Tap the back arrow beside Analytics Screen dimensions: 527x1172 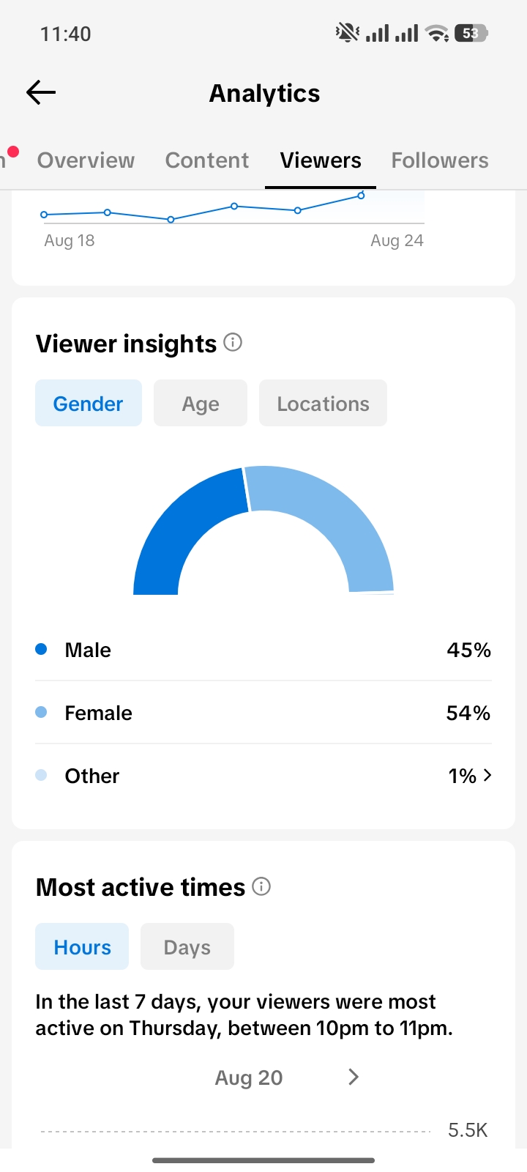click(41, 92)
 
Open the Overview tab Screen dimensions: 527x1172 click(86, 160)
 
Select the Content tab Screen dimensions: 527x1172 click(207, 160)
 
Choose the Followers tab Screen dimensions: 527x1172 click(440, 160)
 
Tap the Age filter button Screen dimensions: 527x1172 click(201, 404)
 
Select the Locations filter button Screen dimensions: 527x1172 click(323, 404)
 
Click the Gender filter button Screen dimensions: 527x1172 click(89, 404)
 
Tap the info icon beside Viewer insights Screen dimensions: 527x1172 click(233, 343)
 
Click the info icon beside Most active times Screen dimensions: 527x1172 click(261, 886)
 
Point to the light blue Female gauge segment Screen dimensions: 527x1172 click(340, 513)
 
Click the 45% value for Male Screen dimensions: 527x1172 click(468, 650)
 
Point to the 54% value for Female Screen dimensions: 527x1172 click(468, 713)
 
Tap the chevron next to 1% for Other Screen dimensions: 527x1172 click(487, 775)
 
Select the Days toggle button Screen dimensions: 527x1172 click(187, 946)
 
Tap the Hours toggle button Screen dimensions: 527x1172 click(82, 946)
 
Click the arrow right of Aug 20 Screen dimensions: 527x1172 click(354, 1077)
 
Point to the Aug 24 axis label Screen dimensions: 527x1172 click(397, 240)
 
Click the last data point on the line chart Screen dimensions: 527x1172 click(361, 195)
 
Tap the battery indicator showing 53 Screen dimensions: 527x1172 click(471, 34)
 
